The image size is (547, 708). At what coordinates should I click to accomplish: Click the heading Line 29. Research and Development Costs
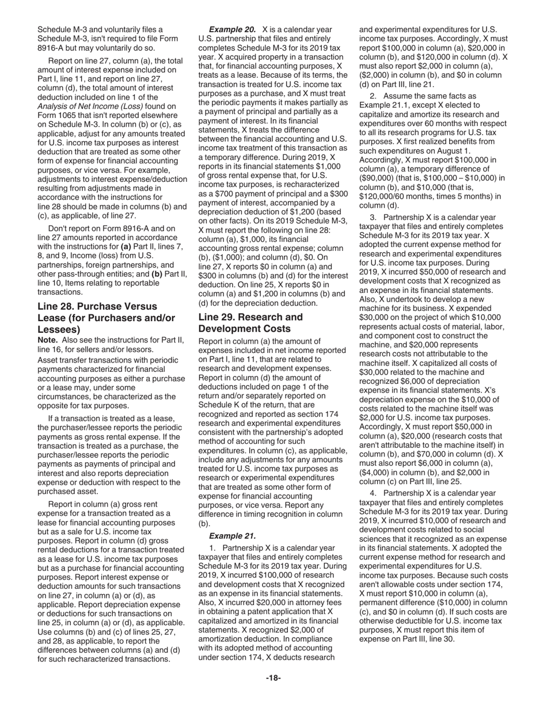tap(250, 323)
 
